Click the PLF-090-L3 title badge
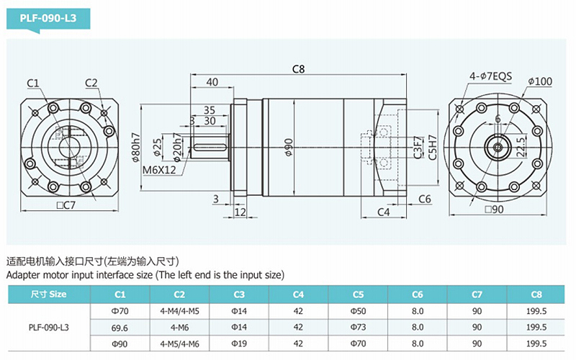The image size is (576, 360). pos(48,19)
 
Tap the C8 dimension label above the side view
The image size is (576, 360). pos(298,69)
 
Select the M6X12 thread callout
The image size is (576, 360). pos(159,170)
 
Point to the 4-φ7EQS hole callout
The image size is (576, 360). pos(490,76)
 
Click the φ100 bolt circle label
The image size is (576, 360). pos(540,81)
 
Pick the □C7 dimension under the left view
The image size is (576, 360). pos(66,205)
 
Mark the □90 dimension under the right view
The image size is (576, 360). pos(494,210)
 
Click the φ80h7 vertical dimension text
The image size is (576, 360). pos(135,148)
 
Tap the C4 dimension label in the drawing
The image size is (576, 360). pos(383,212)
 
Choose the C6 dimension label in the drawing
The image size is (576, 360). pos(424,199)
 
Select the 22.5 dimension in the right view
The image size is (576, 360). pos(521,148)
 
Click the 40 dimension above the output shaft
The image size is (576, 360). pos(212,82)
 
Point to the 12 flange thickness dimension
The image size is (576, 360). pos(240,212)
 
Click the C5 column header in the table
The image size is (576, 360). pos(358,294)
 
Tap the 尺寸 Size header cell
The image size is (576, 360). pos(48,294)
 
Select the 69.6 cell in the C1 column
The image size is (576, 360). pos(120,328)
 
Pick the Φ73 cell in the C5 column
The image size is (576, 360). pos(358,327)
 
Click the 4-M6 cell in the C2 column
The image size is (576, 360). pos(179,328)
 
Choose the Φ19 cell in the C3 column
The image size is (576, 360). pos(239,343)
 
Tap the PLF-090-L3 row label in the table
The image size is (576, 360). pos(48,328)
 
